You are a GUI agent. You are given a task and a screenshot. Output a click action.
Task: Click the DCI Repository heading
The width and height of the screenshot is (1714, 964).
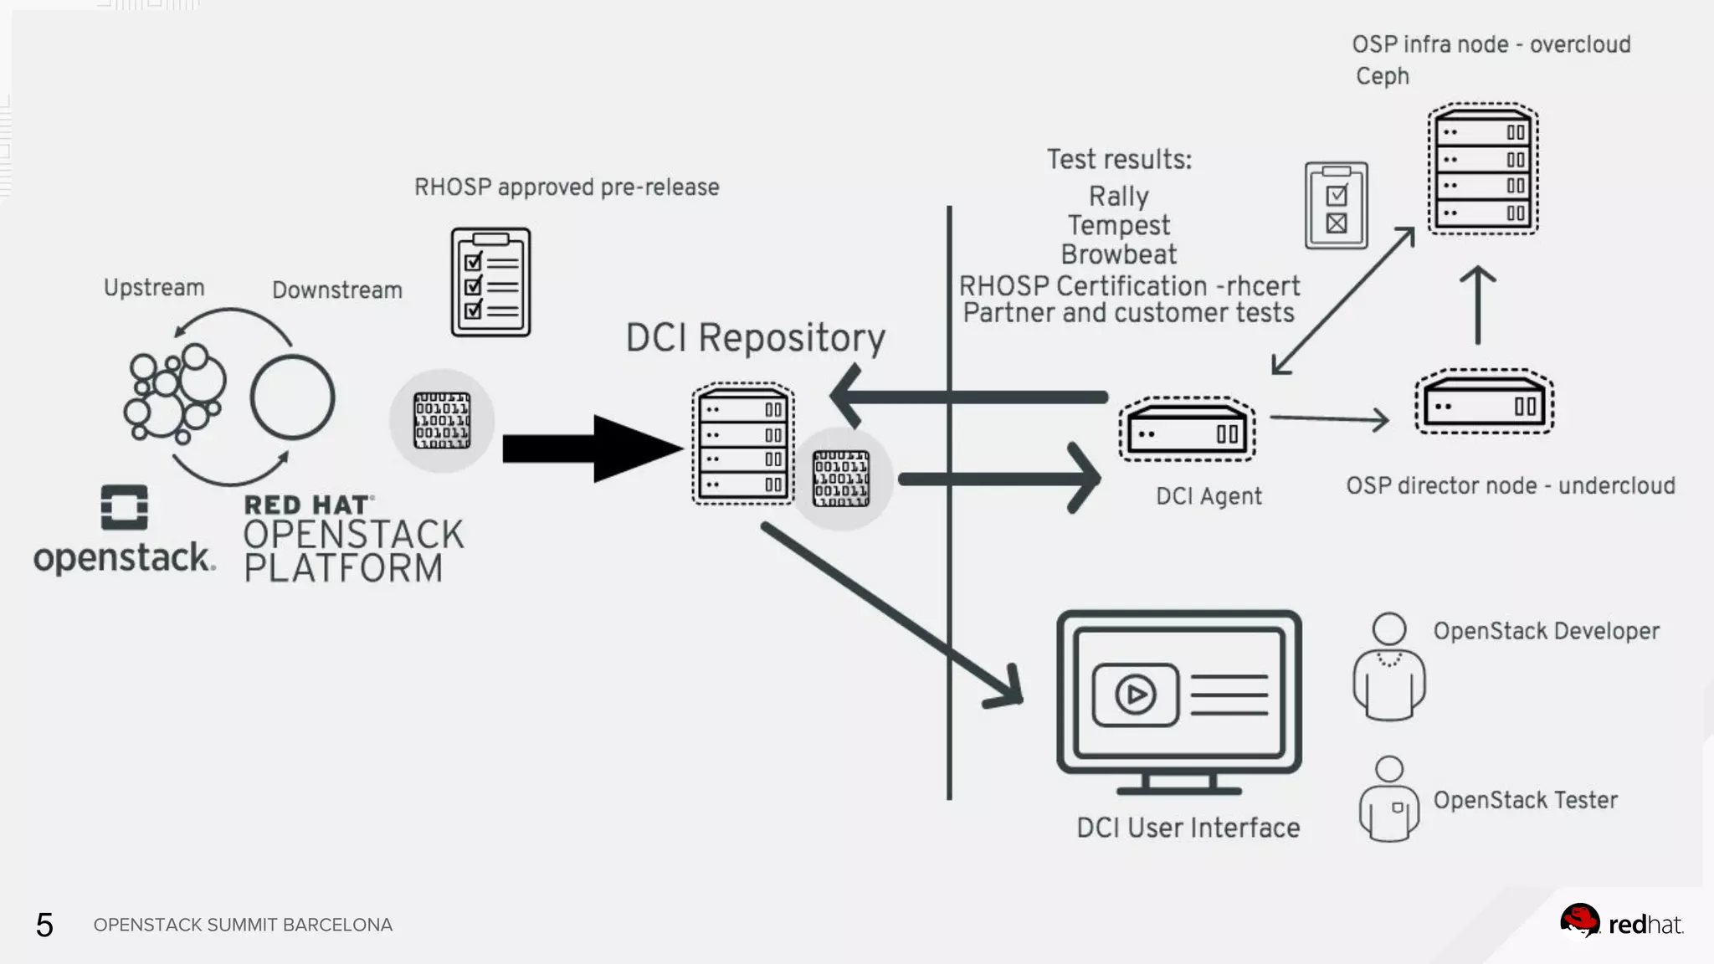coord(755,339)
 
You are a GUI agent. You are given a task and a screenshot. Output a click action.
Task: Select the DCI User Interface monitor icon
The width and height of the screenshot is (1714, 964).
coord(1178,702)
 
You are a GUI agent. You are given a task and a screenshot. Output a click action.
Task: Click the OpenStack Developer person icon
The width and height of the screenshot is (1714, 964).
coord(1389,667)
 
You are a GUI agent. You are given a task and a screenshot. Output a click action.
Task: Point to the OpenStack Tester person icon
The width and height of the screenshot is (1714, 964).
coord(1389,799)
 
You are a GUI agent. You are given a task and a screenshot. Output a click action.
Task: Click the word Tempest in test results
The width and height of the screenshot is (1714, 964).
coord(1119,225)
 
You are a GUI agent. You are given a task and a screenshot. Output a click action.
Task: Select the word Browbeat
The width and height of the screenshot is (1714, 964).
coord(1119,254)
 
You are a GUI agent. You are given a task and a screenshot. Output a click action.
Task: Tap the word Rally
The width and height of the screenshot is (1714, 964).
coord(1119,196)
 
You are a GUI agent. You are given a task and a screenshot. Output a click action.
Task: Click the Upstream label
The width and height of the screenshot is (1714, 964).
coord(154,288)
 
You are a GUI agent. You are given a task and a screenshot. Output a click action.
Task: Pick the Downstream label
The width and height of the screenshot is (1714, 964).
coord(337,290)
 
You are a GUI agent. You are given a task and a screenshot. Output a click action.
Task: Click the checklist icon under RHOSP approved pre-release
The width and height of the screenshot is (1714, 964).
coord(490,282)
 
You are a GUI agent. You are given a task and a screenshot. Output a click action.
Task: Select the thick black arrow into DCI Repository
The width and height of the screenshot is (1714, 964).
coord(593,449)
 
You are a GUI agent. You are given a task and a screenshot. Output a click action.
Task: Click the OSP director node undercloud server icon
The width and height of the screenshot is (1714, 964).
coord(1484,403)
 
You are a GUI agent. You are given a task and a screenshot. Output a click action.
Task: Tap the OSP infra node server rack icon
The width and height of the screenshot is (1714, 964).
coord(1483,169)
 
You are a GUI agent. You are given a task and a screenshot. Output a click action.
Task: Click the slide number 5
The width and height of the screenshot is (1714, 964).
coord(44,926)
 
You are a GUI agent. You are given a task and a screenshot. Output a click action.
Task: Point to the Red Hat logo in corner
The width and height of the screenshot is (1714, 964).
coord(1621,922)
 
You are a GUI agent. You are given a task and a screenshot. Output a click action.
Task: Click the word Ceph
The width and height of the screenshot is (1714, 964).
coord(1383,76)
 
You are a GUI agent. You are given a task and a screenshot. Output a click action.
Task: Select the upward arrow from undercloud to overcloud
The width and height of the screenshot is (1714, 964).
coord(1478,305)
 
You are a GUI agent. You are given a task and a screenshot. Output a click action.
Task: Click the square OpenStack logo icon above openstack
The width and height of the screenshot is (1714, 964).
coord(124,507)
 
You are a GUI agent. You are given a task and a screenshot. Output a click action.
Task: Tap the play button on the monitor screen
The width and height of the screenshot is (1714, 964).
coord(1135,695)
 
